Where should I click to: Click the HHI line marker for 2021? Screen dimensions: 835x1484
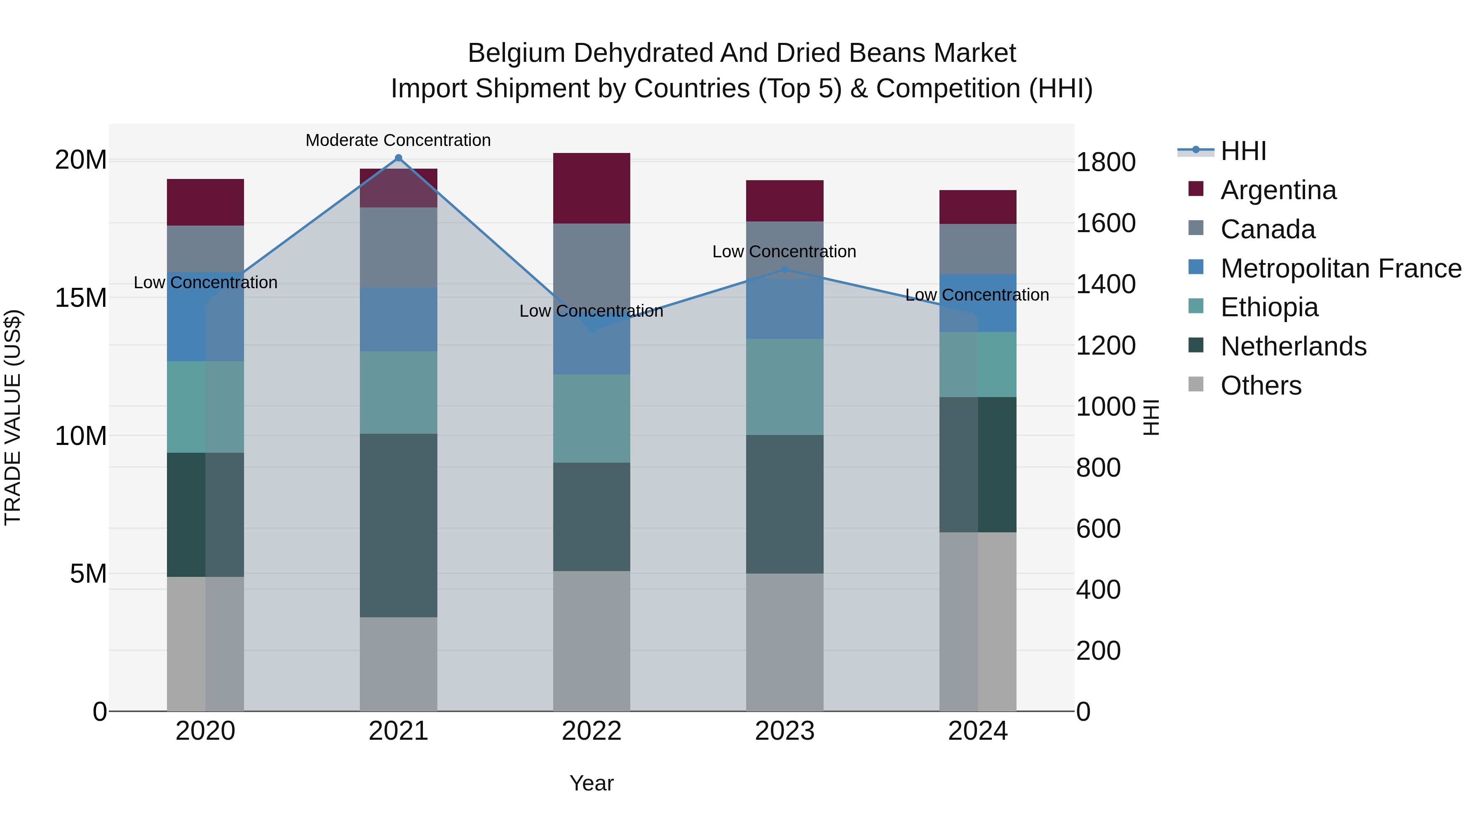(398, 158)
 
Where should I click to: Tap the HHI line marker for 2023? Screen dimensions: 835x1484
(784, 269)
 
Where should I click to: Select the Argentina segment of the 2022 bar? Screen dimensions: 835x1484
(591, 188)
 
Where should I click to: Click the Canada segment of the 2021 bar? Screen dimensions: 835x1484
(398, 247)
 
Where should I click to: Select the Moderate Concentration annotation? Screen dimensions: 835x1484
(398, 140)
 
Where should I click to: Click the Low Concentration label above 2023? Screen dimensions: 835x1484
(784, 252)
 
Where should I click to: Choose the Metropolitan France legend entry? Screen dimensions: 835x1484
(1340, 268)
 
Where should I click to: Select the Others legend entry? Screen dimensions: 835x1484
(1261, 386)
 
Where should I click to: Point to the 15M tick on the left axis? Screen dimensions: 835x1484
(81, 298)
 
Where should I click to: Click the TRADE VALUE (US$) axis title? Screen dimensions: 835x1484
(13, 417)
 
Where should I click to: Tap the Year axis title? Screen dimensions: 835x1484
(591, 783)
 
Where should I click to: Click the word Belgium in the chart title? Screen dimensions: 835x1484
(516, 53)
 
